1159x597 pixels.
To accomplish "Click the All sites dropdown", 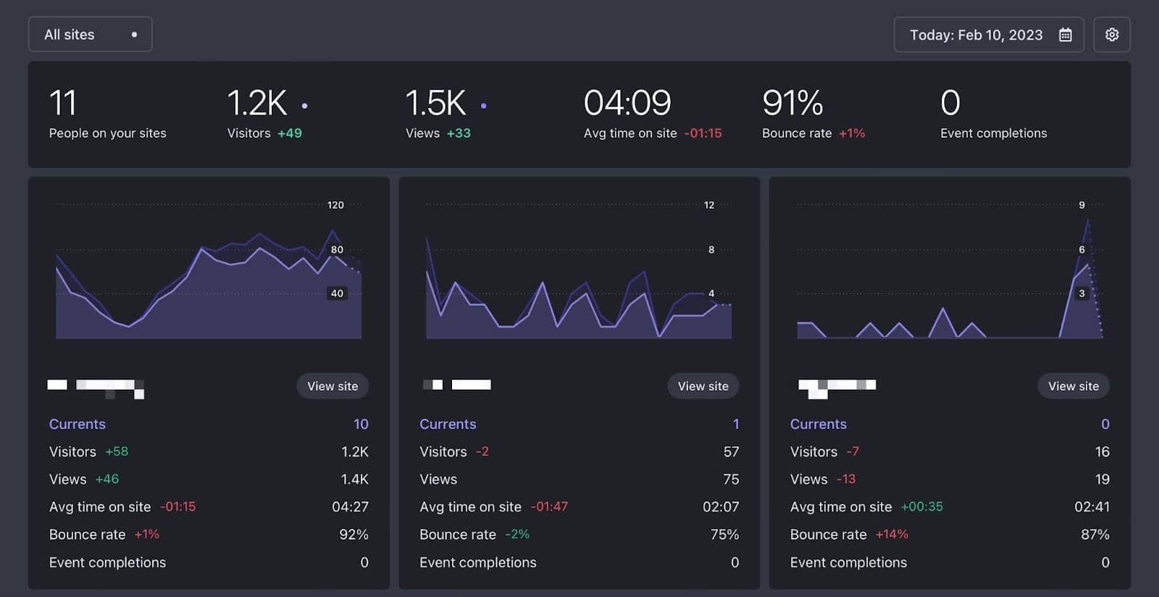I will [90, 35].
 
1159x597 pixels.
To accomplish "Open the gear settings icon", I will [1112, 35].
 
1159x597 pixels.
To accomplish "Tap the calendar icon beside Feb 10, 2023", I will [1065, 35].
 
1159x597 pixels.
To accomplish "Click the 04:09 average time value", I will [627, 103].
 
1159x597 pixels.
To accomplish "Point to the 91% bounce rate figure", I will [792, 103].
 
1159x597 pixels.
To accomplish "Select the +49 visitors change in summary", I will [290, 133].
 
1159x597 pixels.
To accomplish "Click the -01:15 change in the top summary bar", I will [703, 133].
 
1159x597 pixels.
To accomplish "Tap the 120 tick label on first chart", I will [335, 205].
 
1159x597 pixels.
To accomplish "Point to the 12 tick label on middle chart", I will [709, 205].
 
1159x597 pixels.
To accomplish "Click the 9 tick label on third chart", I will [1081, 205].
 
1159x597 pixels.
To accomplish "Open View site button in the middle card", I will [703, 386].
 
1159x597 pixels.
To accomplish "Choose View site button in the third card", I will [1073, 386].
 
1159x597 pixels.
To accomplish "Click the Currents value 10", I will [361, 424].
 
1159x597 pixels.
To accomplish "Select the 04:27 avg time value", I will [350, 506].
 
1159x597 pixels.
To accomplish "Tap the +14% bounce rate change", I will [891, 534].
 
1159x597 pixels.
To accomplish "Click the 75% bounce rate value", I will [724, 534].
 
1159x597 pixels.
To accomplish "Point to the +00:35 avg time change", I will [921, 506].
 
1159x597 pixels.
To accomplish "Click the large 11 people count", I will [62, 103].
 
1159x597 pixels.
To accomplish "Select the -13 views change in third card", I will [845, 479].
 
